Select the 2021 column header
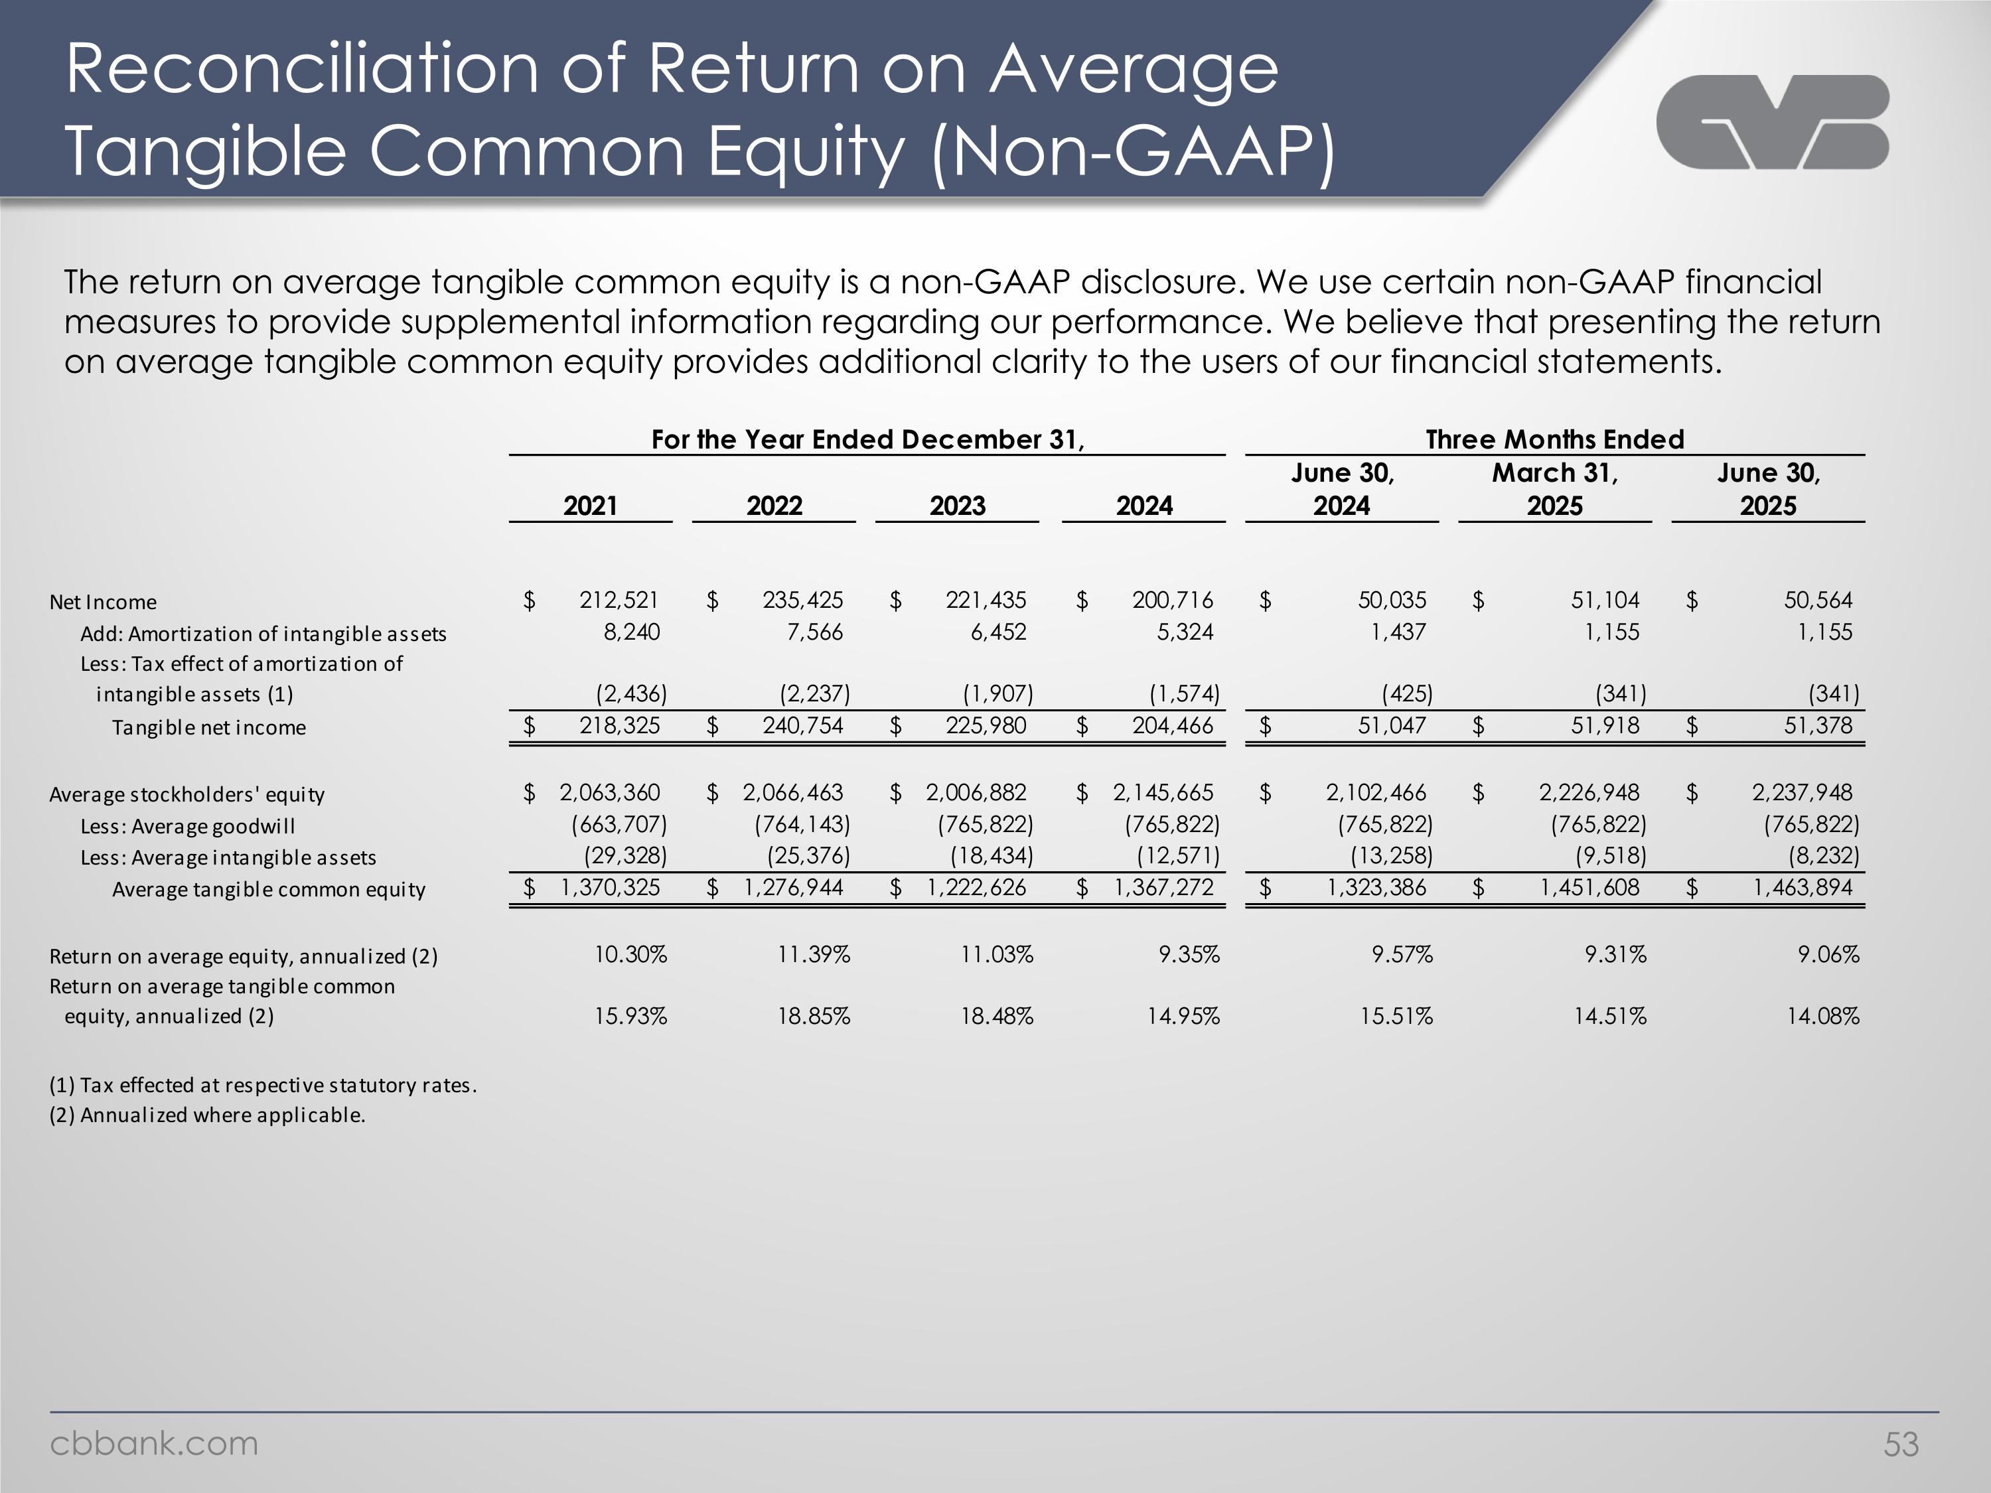click(591, 506)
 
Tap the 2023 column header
click(957, 506)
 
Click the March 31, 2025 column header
click(1554, 488)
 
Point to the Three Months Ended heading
click(1554, 439)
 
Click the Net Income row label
click(103, 602)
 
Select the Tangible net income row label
click(209, 727)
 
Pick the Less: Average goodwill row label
click(187, 826)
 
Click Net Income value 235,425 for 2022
click(803, 601)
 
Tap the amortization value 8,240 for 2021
click(632, 632)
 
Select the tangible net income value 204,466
click(1172, 725)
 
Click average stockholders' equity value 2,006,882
click(976, 793)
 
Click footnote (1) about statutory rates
click(263, 1086)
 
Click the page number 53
click(1901, 1445)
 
